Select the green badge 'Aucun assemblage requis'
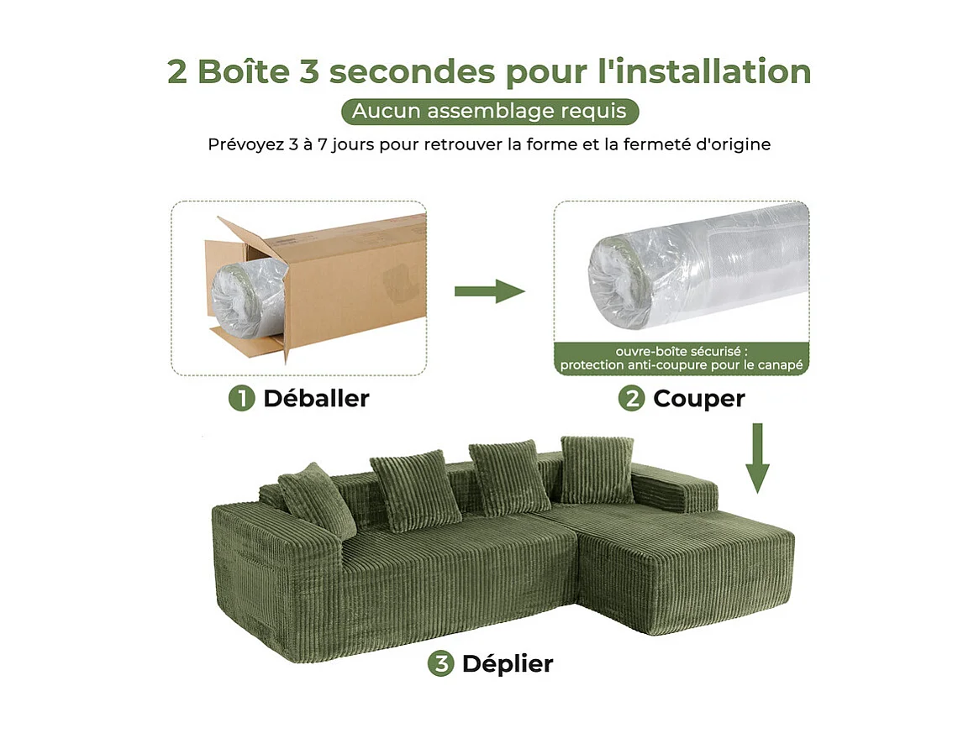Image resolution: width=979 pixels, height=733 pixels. coord(490,111)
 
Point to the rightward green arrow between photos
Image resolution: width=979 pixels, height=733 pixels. coord(489,291)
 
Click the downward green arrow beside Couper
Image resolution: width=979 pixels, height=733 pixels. coord(758,458)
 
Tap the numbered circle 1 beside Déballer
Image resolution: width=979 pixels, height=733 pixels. coord(241,398)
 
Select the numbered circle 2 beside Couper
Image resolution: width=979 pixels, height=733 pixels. coord(631,398)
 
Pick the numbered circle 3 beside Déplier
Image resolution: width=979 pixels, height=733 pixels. coord(440,663)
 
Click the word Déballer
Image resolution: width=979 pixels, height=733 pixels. coord(316,398)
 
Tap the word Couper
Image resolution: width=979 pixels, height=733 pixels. coord(698,398)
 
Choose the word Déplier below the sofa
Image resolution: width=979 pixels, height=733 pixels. coord(507,663)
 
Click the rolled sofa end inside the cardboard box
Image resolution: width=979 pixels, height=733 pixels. coord(239,298)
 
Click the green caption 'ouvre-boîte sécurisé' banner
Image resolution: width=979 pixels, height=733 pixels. coord(681,359)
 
